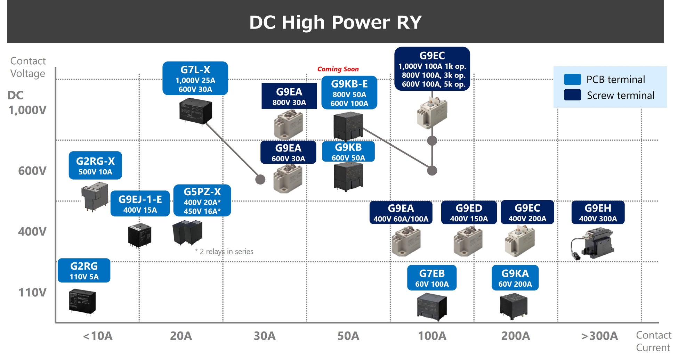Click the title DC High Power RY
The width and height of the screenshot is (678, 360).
pos(335,22)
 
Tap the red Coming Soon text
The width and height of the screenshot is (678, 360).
pos(338,69)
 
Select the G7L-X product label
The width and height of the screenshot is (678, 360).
pos(195,79)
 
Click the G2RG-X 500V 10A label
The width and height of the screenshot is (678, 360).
pos(95,165)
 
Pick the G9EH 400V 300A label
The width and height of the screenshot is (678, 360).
pos(598,212)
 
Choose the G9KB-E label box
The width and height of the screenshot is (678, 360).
pos(349,93)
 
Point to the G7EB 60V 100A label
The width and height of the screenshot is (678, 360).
pos(431,278)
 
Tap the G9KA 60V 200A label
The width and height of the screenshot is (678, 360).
pos(515,278)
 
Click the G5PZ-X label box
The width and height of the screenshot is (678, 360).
pos(202,201)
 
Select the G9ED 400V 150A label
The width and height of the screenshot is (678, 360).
pos(469,212)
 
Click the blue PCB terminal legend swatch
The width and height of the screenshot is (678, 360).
pos(572,79)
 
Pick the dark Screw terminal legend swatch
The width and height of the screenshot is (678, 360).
pos(572,95)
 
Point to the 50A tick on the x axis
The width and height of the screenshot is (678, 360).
pos(348,336)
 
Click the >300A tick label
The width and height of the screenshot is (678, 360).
pos(599,336)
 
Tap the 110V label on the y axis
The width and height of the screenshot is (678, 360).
pos(32,293)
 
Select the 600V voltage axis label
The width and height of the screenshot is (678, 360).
pos(32,171)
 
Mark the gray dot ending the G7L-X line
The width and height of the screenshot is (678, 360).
pos(260,179)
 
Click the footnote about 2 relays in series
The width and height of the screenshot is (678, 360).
pos(224,252)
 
